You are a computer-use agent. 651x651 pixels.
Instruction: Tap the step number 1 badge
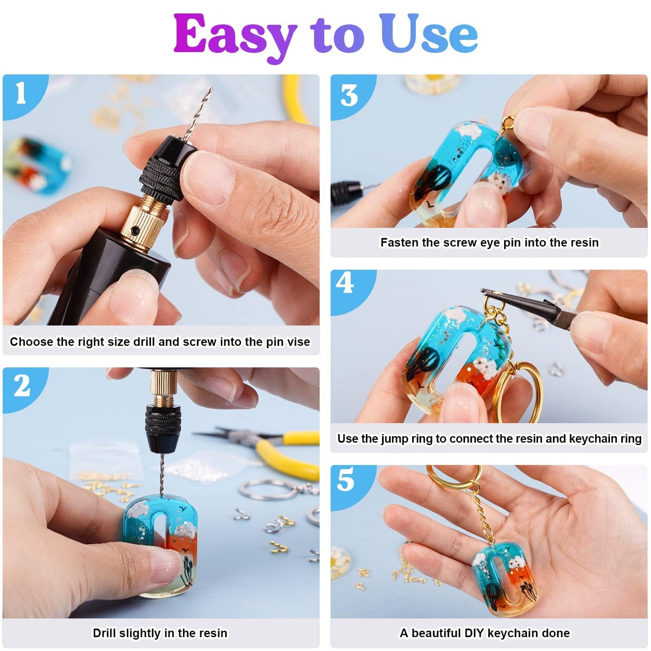[21, 94]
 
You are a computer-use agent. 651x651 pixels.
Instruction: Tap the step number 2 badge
[22, 386]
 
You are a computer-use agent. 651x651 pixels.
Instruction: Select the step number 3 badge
[349, 96]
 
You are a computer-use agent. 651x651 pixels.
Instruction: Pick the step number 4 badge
[345, 284]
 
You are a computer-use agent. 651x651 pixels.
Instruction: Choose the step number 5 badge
[346, 480]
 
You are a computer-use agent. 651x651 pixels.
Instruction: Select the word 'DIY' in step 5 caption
[474, 633]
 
